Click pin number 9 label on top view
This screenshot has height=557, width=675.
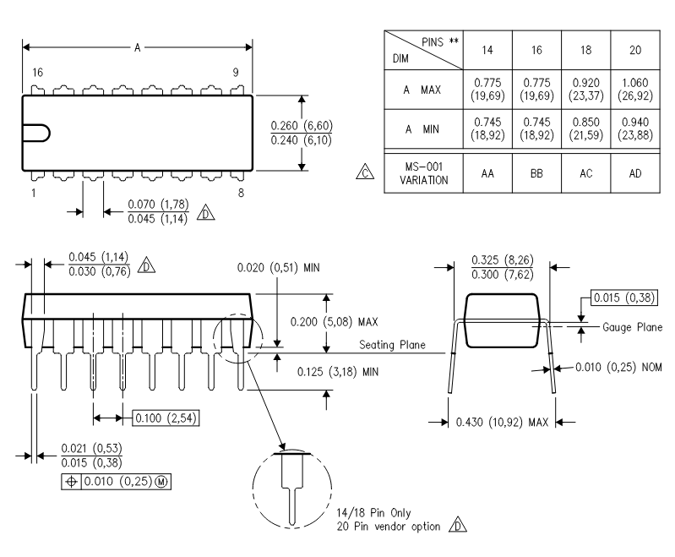click(236, 73)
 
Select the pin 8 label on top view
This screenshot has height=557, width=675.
click(242, 193)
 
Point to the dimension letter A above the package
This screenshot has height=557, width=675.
click(138, 48)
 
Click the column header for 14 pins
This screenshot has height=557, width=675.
click(487, 50)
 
